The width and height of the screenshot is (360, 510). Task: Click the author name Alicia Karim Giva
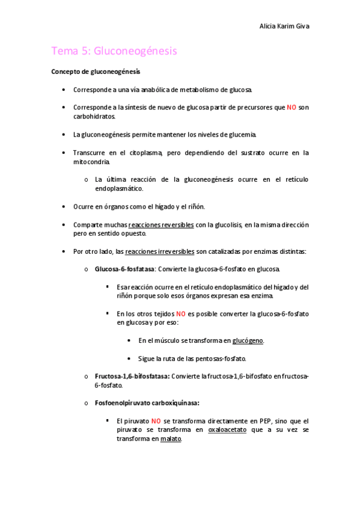[x=284, y=26]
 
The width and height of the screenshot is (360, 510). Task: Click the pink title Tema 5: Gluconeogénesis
[x=114, y=51]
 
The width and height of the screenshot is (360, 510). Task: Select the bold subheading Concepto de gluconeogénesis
[x=96, y=72]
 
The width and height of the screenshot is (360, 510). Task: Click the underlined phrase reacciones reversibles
[x=161, y=225]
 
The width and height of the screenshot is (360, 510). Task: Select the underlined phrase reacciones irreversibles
[x=159, y=251]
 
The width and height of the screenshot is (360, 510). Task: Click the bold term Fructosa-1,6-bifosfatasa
[x=132, y=376]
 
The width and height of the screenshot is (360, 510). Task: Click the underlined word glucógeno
[x=248, y=340]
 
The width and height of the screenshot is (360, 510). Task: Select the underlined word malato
[x=171, y=439]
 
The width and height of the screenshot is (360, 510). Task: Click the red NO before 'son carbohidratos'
[x=291, y=108]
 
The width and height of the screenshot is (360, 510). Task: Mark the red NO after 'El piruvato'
[x=156, y=421]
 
